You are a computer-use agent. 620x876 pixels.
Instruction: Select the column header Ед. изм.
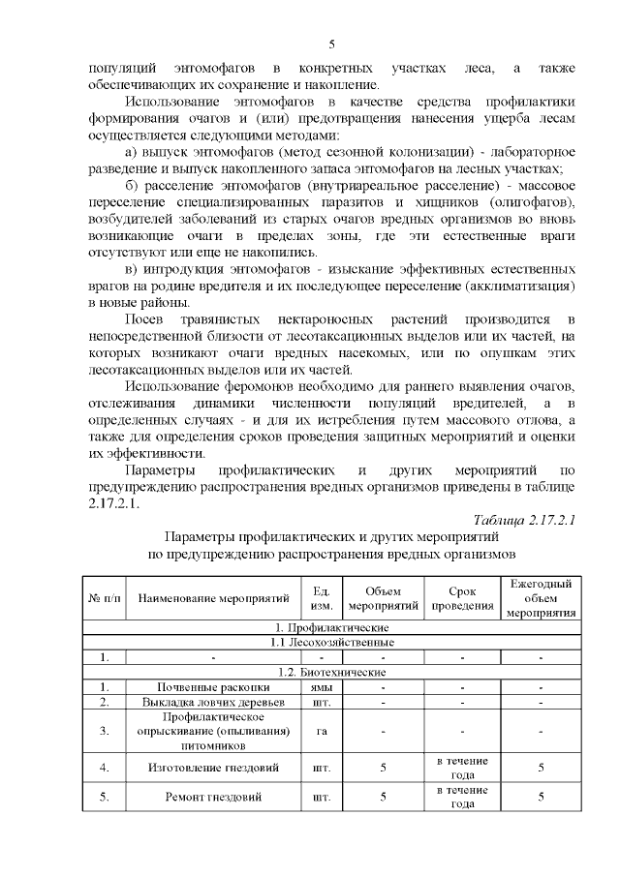pyautogui.click(x=323, y=598)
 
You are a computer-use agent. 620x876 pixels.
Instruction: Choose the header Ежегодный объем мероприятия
pyautogui.click(x=541, y=598)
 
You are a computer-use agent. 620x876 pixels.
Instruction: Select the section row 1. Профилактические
pyautogui.click(x=334, y=627)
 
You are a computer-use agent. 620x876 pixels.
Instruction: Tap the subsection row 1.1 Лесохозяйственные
pyautogui.click(x=334, y=642)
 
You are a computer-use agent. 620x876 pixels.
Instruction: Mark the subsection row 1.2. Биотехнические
pyautogui.click(x=334, y=672)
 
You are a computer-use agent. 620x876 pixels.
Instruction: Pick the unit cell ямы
pyautogui.click(x=323, y=687)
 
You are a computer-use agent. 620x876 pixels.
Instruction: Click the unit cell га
pyautogui.click(x=323, y=731)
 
